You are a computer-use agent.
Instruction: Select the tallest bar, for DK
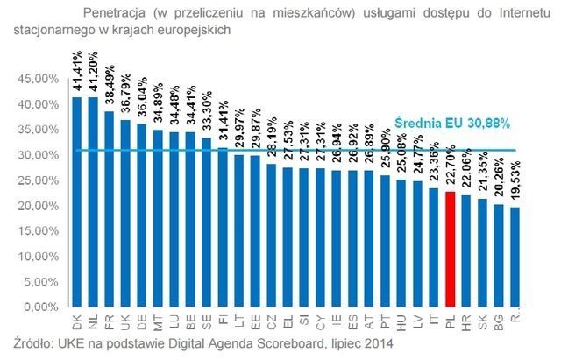point(77,201)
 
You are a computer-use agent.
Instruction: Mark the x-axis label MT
point(158,320)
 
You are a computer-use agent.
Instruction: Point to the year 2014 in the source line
point(378,343)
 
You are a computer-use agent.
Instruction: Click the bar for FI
point(222,228)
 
